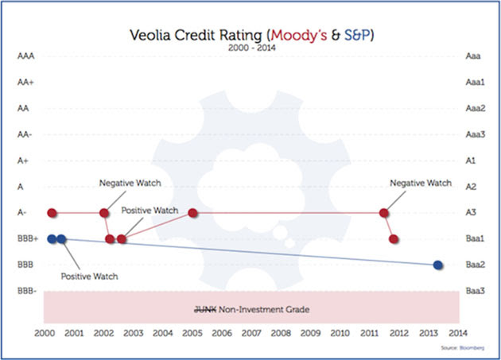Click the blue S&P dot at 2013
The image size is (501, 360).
(x=438, y=265)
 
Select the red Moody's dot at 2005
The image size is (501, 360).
(x=193, y=213)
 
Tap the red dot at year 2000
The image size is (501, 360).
(x=52, y=213)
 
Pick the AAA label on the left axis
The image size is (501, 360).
(x=25, y=56)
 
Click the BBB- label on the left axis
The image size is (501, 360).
(x=25, y=291)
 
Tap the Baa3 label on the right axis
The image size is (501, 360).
(x=475, y=291)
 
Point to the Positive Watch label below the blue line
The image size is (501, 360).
(x=89, y=277)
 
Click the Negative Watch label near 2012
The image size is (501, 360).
(x=420, y=183)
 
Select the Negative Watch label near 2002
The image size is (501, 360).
(x=130, y=183)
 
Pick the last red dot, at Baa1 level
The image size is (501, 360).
(x=394, y=238)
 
